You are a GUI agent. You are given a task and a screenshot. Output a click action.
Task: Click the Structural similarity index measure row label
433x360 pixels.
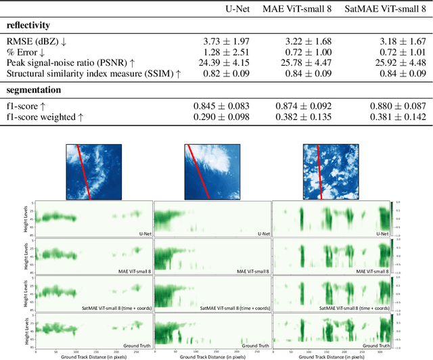pos(94,73)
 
